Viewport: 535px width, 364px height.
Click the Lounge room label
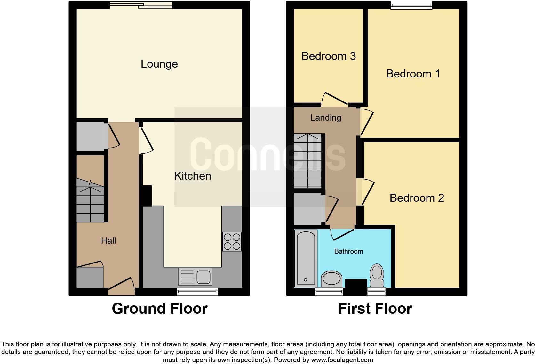[x=159, y=64]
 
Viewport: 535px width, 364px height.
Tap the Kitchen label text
[x=192, y=176]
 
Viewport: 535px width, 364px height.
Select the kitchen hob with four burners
[x=232, y=241]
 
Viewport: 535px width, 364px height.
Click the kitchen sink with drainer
[x=195, y=277]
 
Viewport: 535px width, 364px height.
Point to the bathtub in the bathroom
[x=306, y=258]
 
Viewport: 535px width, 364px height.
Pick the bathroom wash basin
[x=331, y=279]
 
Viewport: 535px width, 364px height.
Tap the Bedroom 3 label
[x=328, y=56]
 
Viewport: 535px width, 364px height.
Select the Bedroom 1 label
[x=413, y=74]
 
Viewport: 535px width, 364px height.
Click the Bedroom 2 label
[x=417, y=198]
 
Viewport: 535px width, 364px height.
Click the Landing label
[x=325, y=118]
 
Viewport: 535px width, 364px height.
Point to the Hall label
[x=108, y=241]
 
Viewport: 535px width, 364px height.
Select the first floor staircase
[x=308, y=161]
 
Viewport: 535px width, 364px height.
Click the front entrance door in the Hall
[x=121, y=286]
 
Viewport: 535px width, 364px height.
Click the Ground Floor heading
[x=159, y=309]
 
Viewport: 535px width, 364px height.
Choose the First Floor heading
[x=375, y=309]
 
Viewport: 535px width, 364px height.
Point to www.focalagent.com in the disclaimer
[x=342, y=360]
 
